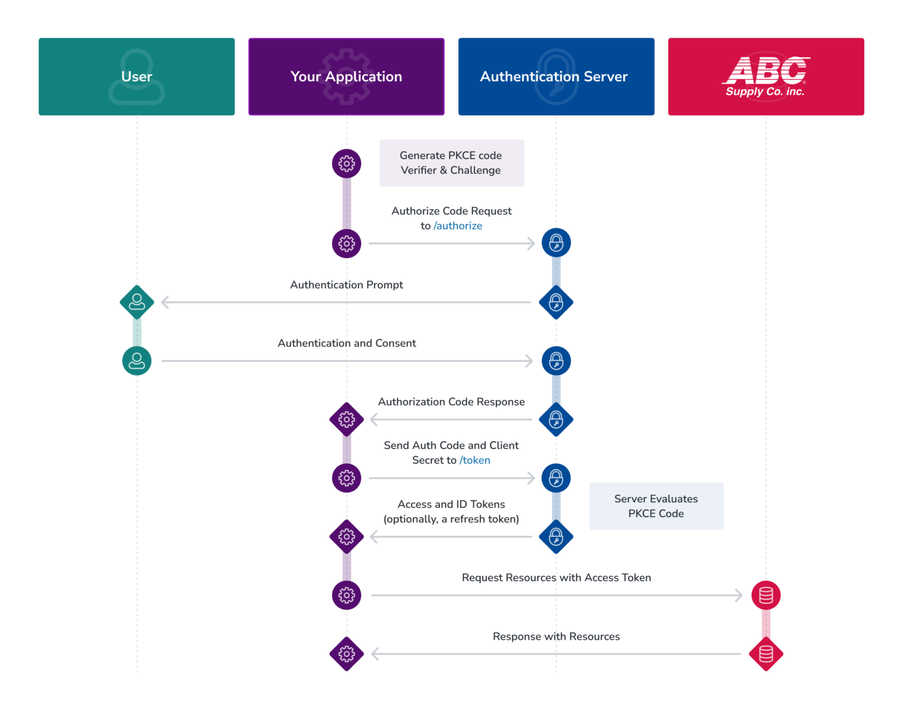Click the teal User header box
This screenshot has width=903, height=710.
pos(136,76)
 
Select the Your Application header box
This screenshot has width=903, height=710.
pos(346,76)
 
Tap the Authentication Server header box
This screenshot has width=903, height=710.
pos(556,76)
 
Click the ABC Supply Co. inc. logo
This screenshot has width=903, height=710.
pos(765,76)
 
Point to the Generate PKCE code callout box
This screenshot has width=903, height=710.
pos(451,163)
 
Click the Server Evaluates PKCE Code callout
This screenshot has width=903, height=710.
pos(656,506)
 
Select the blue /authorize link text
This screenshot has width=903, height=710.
pos(458,226)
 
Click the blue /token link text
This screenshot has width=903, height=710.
pos(475,461)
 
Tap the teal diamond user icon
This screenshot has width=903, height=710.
pos(137,302)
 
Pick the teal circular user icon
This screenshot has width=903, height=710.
pos(137,361)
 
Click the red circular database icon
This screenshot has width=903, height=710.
pos(765,595)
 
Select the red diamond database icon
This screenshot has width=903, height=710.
pos(765,654)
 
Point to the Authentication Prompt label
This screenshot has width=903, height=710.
pos(346,285)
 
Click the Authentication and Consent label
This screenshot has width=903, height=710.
pos(346,343)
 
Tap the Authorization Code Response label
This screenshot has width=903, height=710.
pos(451,402)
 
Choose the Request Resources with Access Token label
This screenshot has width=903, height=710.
pos(556,578)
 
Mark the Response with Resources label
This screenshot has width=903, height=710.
pos(556,636)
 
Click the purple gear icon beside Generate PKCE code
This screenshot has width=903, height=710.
pos(346,164)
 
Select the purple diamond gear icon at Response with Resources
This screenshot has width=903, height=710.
pos(346,654)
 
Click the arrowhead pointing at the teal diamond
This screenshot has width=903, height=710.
pos(165,302)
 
